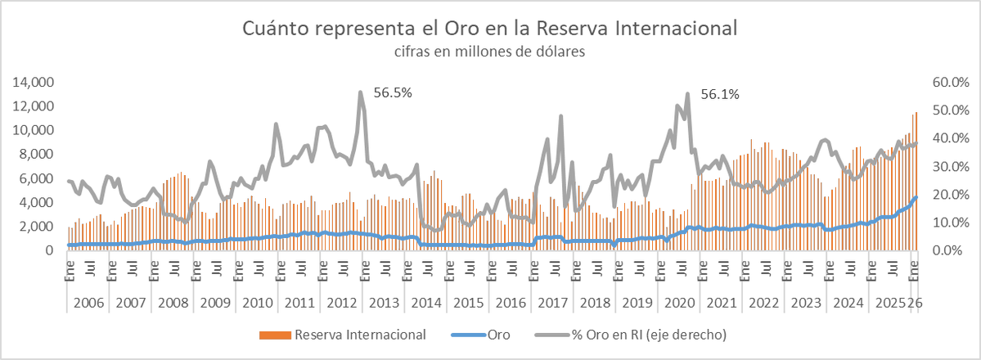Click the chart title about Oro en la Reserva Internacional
pyautogui.click(x=490, y=28)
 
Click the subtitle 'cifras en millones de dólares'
pyautogui.click(x=490, y=52)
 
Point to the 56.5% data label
pyautogui.click(x=393, y=92)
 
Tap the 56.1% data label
pyautogui.click(x=720, y=94)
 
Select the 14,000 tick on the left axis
pyautogui.click(x=34, y=82)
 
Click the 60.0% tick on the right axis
pyautogui.click(x=950, y=82)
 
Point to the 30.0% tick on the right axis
pyautogui.click(x=950, y=166)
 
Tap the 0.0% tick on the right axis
pyautogui.click(x=952, y=250)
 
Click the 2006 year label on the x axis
pyautogui.click(x=88, y=303)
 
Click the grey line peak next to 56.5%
pyautogui.click(x=360, y=92)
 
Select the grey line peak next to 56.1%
pyautogui.click(x=687, y=93)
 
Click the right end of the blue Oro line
pyautogui.click(x=916, y=196)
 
